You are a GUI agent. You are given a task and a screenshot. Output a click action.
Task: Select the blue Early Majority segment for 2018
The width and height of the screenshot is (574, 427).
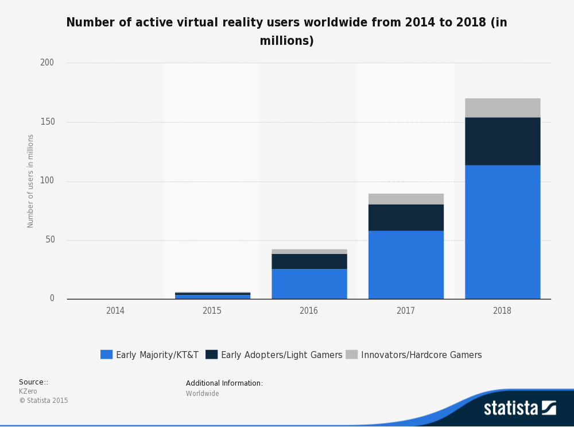[x=502, y=232]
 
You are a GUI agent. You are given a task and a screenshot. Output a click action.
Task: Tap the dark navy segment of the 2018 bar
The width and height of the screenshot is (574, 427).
[x=502, y=141]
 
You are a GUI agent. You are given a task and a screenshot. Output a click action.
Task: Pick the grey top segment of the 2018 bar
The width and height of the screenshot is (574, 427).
[x=502, y=108]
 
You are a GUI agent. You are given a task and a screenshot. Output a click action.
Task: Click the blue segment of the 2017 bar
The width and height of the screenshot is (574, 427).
[x=406, y=264]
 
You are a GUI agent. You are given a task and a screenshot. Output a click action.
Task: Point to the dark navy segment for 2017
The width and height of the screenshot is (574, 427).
[x=406, y=217]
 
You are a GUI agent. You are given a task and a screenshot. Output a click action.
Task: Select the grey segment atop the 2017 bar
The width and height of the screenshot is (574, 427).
[x=406, y=199]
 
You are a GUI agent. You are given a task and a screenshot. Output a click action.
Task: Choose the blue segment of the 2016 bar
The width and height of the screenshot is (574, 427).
[x=309, y=284]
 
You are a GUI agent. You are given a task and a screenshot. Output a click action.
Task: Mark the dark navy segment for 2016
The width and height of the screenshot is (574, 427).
[x=309, y=261]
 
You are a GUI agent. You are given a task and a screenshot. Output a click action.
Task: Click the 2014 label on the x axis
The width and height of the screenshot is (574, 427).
[x=115, y=311]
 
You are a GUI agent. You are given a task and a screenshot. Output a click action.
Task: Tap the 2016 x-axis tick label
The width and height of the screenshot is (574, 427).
[x=309, y=311]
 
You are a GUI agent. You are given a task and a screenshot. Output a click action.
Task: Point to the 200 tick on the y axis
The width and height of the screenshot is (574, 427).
[x=47, y=63]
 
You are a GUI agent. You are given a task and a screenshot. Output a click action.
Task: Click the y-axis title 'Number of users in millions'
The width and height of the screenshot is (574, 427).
[x=31, y=181]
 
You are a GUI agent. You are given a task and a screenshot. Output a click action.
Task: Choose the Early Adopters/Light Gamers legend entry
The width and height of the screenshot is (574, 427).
[x=274, y=355]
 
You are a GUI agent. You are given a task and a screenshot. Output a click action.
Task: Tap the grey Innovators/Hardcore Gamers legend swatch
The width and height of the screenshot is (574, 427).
[x=351, y=355]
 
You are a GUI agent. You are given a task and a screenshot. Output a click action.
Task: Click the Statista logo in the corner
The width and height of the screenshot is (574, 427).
[x=519, y=408]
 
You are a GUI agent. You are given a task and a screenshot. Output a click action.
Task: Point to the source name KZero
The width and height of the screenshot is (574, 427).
[x=28, y=391]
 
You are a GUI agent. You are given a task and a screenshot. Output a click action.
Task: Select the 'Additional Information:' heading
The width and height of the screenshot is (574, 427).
[x=224, y=383]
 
